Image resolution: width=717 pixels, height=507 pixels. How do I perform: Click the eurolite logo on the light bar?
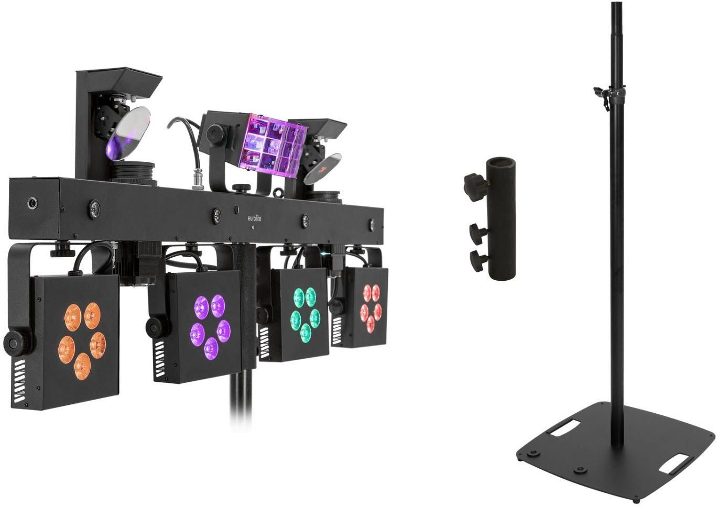(x=255, y=218)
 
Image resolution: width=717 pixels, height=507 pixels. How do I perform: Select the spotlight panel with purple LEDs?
(x=197, y=327)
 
